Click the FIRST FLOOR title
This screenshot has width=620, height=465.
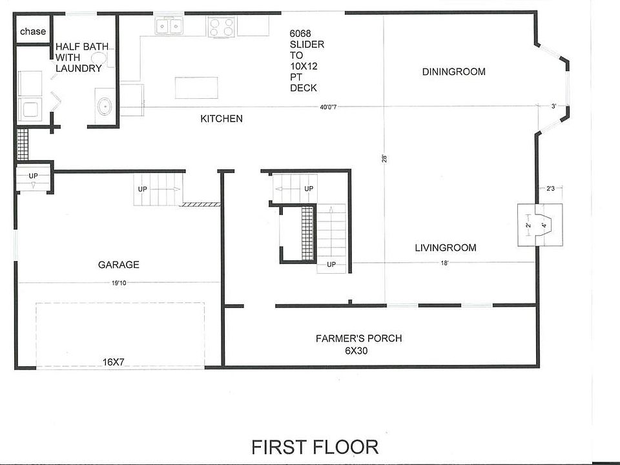coord(315,447)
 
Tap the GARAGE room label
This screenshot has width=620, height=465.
coord(119,265)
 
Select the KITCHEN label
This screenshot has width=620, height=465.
coord(222,119)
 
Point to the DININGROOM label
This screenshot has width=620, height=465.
coord(453,72)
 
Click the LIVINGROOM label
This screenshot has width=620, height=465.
coord(445,248)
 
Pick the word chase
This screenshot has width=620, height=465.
coord(33,31)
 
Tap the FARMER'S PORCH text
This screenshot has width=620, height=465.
coord(358,338)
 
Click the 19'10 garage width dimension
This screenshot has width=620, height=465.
coord(119,283)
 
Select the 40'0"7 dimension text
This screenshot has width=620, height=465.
coord(328,107)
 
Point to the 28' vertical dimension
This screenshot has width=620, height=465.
coord(384,159)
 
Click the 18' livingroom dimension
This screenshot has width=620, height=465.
coord(445,263)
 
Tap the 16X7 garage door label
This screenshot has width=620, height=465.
coord(114,362)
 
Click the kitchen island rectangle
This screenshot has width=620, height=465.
coord(196,88)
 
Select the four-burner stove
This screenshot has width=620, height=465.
coord(221,27)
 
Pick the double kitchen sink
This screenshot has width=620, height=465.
coord(169,26)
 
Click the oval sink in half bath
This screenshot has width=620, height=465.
coord(105,106)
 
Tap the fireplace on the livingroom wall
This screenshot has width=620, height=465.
coord(540,225)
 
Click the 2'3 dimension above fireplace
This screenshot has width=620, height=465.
coord(550,189)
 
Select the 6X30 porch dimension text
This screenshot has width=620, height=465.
coord(356,351)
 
